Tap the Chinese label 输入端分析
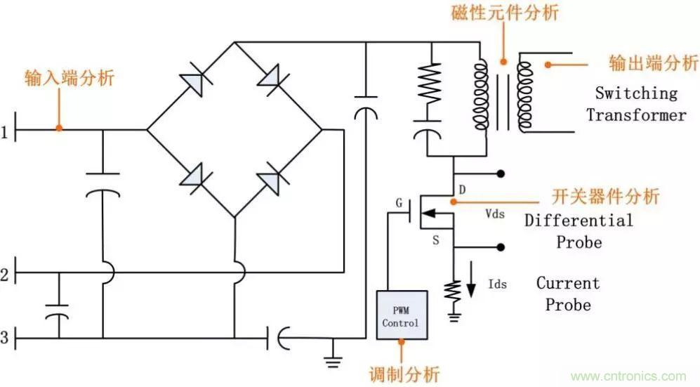point(68,77)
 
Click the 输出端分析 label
point(653,63)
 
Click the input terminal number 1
point(6,131)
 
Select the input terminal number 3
point(6,339)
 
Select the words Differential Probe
point(579,231)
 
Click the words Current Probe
point(568,294)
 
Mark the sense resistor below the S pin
point(454,289)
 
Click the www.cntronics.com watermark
point(629,376)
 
